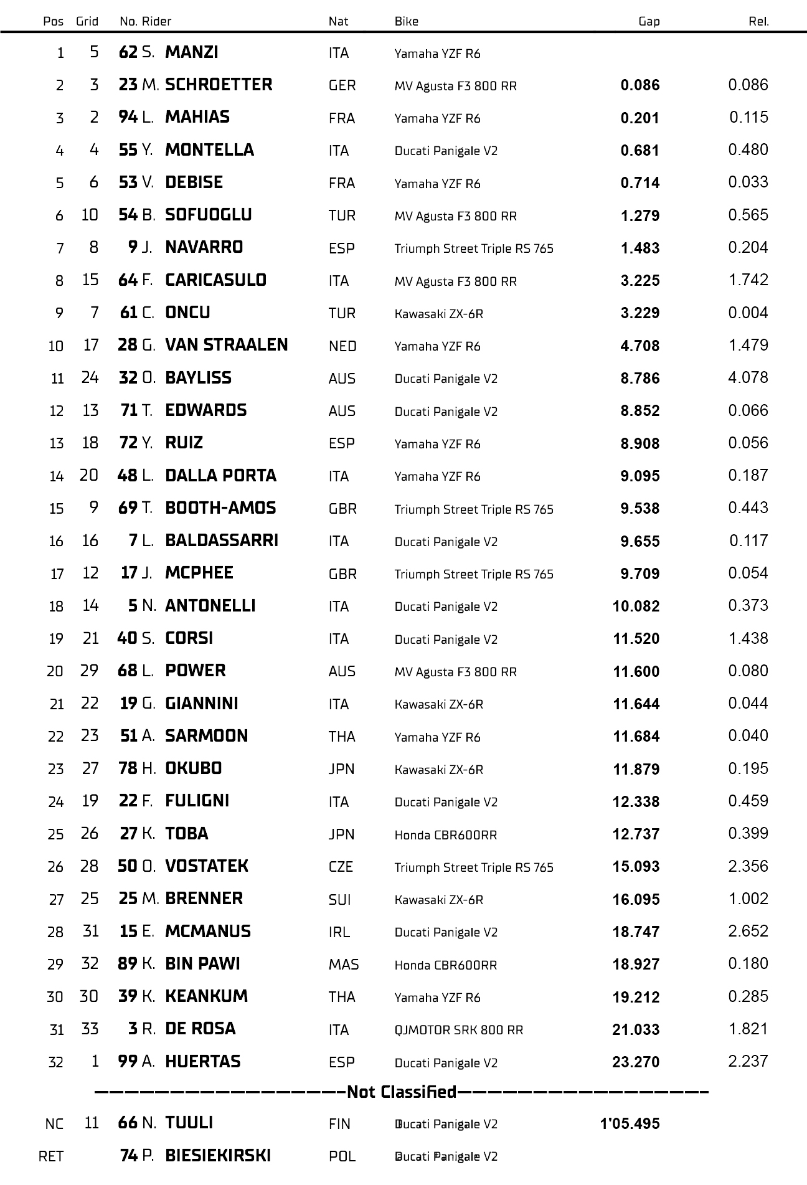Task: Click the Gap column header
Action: tap(649, 21)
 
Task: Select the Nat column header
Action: tap(338, 21)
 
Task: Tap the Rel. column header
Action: tap(758, 21)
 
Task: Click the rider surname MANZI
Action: tap(192, 52)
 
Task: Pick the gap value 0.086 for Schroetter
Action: tap(639, 85)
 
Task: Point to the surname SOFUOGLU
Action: tap(209, 215)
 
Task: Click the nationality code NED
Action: tap(342, 346)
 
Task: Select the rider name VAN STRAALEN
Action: tap(227, 345)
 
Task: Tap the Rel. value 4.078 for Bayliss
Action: tap(748, 377)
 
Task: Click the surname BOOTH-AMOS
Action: tap(220, 508)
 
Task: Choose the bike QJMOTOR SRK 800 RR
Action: tap(458, 1030)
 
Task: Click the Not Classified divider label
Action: tap(402, 1092)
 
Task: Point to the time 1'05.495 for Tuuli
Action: tap(630, 1124)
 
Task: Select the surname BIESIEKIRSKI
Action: tap(218, 1156)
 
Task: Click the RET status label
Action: tap(51, 1156)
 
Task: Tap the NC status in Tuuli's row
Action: tap(54, 1124)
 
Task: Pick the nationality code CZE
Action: tap(341, 867)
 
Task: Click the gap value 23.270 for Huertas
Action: tap(635, 1062)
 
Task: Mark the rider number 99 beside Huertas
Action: tap(128, 1061)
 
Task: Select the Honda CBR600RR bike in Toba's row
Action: tap(445, 835)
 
